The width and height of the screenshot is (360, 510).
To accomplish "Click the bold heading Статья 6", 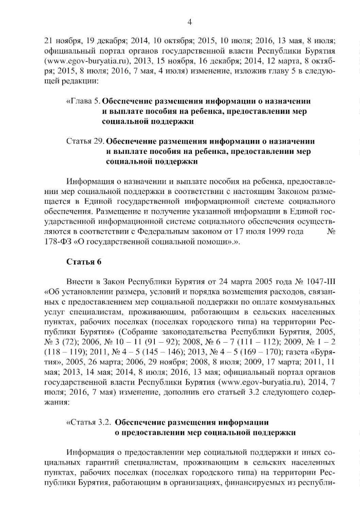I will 83,261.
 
